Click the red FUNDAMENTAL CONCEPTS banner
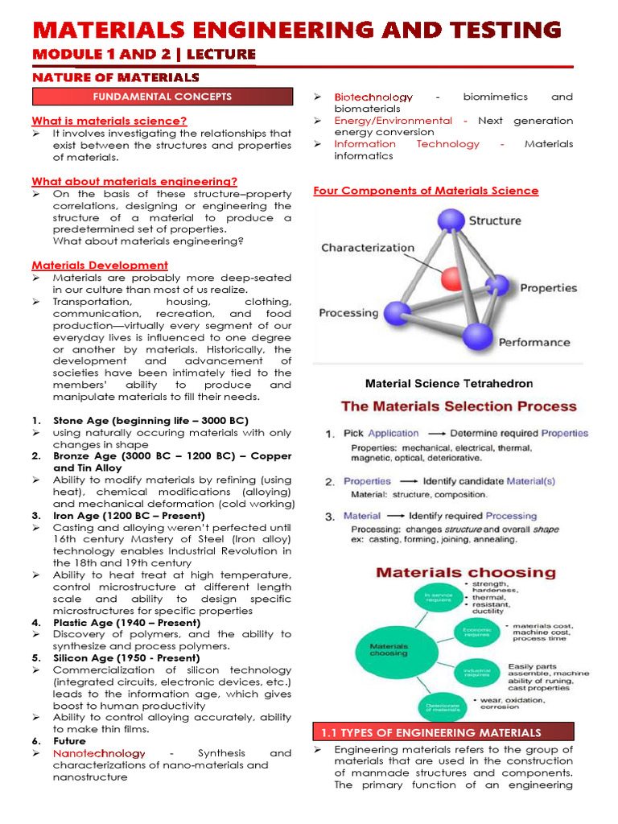tap(162, 97)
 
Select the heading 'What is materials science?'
tap(109, 122)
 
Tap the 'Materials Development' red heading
tap(100, 266)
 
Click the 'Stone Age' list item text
tap(150, 421)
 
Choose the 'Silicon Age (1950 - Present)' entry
tap(126, 658)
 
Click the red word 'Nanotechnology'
tap(99, 754)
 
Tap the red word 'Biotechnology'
tap(373, 97)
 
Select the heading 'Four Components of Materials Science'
tap(426, 191)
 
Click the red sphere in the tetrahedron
tap(452, 278)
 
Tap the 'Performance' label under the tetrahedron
tap(534, 343)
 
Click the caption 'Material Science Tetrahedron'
tap(449, 384)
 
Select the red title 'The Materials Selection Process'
tap(459, 407)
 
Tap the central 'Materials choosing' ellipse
tap(389, 649)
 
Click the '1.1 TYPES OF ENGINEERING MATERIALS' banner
tap(443, 732)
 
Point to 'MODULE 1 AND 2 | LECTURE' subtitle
tap(144, 55)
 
